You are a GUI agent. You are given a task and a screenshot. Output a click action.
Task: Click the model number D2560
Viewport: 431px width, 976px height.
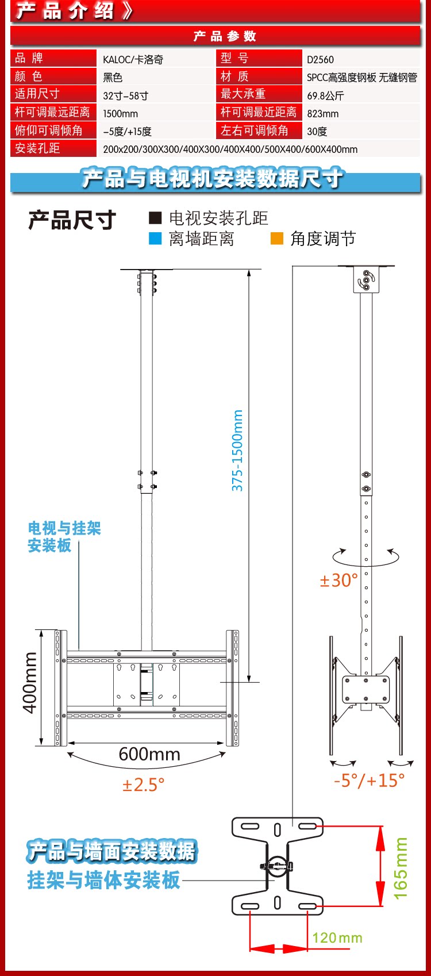[x=320, y=59]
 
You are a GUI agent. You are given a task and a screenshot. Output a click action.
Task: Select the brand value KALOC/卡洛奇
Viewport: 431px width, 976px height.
[x=133, y=59]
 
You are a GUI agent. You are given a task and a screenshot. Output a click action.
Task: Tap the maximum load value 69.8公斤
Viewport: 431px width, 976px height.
[x=325, y=95]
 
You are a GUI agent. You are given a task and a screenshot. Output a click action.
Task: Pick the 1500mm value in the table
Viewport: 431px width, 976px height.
[x=120, y=114]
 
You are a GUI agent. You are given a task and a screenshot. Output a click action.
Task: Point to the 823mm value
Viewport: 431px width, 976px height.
[x=322, y=114]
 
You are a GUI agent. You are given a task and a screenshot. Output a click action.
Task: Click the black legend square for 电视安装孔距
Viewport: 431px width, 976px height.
[x=155, y=218]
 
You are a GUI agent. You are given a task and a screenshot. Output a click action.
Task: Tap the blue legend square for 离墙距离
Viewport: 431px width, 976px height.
[x=155, y=239]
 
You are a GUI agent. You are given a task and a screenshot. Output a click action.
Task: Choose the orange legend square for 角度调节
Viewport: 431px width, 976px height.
[x=277, y=239]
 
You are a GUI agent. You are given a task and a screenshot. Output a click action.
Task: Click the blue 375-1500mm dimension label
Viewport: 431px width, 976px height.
[x=237, y=451]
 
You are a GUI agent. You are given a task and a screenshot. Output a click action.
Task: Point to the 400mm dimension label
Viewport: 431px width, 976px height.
[x=30, y=682]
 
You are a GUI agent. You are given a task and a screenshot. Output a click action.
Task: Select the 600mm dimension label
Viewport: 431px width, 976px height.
[x=149, y=754]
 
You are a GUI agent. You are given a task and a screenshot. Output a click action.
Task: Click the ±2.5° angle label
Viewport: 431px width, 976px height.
[x=143, y=784]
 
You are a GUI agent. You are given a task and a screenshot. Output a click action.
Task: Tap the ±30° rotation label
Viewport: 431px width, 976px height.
[x=338, y=581]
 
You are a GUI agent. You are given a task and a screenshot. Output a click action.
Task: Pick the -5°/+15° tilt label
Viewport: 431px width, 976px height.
[x=369, y=780]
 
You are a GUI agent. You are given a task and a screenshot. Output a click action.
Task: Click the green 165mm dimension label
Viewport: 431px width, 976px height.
[x=401, y=869]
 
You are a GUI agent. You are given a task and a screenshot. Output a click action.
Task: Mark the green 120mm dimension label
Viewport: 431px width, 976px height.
[x=337, y=938]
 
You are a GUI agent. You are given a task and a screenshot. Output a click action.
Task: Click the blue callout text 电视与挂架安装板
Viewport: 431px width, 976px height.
[x=64, y=537]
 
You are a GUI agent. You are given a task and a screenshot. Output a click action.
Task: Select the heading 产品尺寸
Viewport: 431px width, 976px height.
[x=72, y=220]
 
